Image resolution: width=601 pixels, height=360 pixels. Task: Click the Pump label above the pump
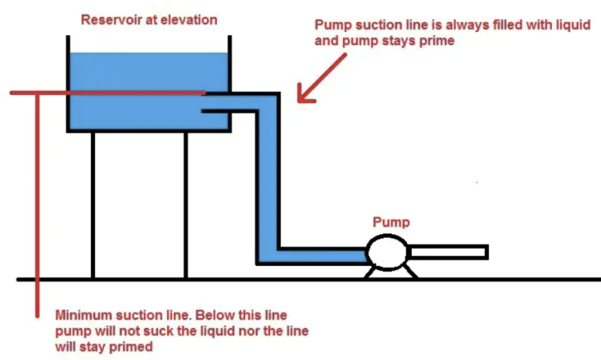pyautogui.click(x=390, y=222)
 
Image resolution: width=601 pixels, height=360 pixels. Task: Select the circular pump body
pyautogui.click(x=387, y=253)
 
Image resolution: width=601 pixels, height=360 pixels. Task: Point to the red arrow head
pyautogui.click(x=302, y=96)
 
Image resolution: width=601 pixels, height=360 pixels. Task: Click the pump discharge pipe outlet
pyautogui.click(x=484, y=252)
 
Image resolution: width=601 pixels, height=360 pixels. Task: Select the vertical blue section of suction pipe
pyautogui.click(x=267, y=179)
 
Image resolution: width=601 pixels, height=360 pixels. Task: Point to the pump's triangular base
pyautogui.click(x=387, y=272)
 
